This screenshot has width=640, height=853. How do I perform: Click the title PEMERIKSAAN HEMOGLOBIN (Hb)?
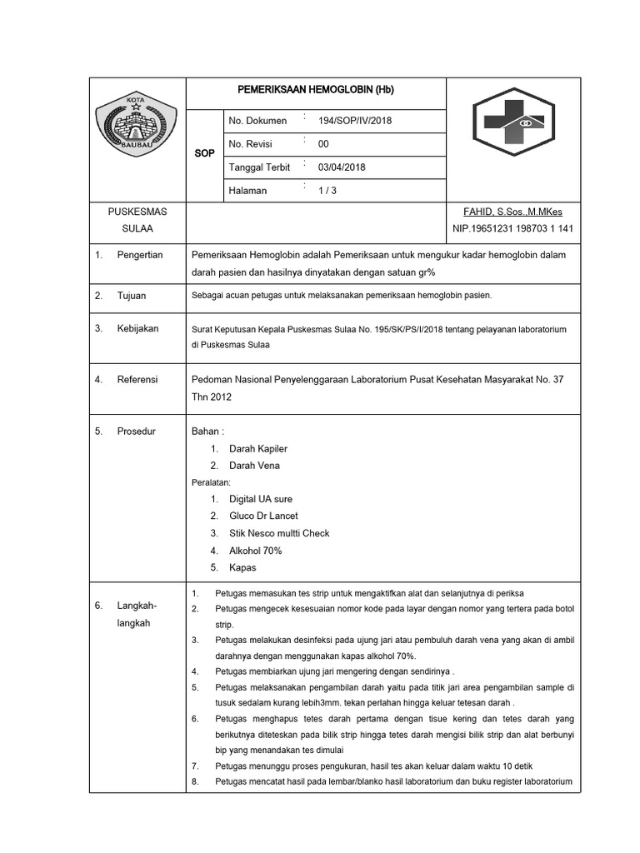click(316, 89)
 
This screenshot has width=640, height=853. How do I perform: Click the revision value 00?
click(323, 144)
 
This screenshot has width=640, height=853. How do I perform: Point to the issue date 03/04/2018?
click(342, 167)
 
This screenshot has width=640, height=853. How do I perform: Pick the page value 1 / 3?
click(327, 191)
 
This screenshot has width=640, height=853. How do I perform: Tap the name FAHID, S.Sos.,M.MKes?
click(518, 212)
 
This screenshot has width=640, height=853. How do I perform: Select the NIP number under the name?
click(512, 228)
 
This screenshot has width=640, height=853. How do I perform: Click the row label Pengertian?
click(139, 255)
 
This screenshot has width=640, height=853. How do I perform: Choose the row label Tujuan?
click(132, 296)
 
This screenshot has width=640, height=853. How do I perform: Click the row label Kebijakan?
click(137, 329)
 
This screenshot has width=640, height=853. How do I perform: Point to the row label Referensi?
click(137, 380)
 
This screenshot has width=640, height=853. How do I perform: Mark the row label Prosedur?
click(136, 431)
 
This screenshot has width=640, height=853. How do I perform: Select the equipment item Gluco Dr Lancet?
click(263, 516)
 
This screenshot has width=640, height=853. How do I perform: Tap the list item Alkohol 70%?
click(255, 551)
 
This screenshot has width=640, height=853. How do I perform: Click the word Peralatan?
click(211, 482)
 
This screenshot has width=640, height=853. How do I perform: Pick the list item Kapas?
click(242, 568)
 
